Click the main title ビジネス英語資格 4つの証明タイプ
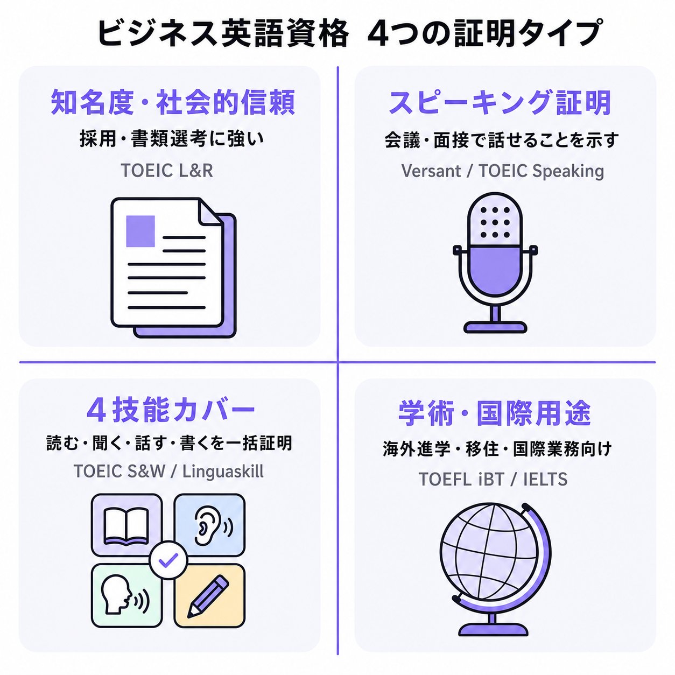[349, 33]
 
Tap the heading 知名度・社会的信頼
[173, 102]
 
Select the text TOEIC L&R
[167, 171]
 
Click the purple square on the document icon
[140, 231]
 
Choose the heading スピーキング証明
[500, 102]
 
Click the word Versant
[431, 171]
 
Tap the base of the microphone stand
[495, 327]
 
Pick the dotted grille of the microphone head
[495, 222]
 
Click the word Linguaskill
[223, 471]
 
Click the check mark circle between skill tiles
[168, 560]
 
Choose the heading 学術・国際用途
[495, 413]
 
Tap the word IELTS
[545, 480]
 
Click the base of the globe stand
[493, 630]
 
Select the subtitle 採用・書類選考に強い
[172, 139]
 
